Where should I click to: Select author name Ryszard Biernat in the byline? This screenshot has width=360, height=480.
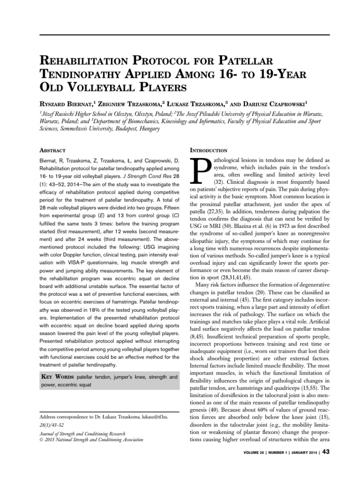(x=70, y=103)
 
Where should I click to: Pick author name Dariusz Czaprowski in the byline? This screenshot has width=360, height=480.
(x=275, y=103)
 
